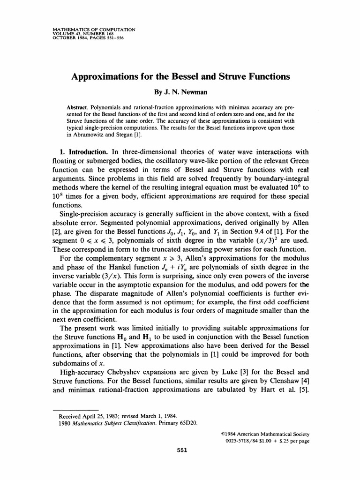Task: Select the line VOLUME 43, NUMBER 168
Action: pos(82,33)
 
